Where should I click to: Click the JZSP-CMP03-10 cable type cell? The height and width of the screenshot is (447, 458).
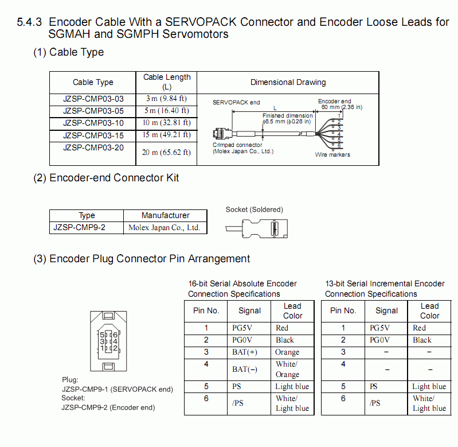93,123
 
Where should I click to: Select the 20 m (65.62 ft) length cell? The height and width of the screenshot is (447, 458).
166,152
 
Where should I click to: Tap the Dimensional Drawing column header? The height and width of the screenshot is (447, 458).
288,82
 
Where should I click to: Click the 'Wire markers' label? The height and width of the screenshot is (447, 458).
332,155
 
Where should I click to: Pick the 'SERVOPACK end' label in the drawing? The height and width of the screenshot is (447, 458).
236,103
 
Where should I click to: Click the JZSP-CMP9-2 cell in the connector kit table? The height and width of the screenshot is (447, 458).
79,227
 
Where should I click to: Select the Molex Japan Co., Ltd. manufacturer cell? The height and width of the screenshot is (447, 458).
166,227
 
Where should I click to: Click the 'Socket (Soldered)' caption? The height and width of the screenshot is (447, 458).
254,209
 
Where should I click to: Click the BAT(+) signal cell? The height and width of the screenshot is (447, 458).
245,352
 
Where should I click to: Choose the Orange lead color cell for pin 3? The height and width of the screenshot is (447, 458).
287,352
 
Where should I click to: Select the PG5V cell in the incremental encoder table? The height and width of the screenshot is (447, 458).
380,328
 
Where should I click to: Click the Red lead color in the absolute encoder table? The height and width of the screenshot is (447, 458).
282,328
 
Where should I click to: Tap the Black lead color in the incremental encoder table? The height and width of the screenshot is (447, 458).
422,340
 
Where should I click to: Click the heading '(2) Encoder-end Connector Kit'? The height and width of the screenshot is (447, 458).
106,178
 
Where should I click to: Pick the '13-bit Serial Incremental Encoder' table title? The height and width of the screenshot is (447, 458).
385,283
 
